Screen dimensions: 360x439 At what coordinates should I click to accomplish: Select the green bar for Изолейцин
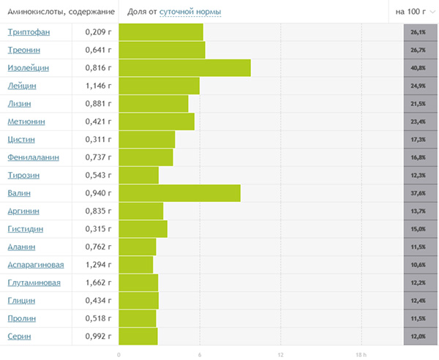pos(184,68)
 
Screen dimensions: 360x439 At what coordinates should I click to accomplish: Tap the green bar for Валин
pos(179,193)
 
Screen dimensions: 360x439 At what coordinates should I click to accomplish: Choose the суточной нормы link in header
pos(190,12)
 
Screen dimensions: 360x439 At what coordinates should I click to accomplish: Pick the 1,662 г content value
pos(98,283)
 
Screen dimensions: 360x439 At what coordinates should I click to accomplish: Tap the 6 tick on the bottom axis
pos(200,354)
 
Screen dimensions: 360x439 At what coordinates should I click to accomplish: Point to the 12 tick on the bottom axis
pos(280,354)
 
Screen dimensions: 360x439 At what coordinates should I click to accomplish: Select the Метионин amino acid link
pos(27,121)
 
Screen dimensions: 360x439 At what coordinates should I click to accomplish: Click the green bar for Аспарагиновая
pos(135,265)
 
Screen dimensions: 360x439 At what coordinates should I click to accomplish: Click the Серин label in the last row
pos(20,337)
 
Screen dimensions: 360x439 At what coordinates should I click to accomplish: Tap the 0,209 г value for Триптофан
pos(98,32)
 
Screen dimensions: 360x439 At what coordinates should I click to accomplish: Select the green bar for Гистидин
pos(143,229)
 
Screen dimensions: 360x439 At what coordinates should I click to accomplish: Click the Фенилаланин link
pos(33,157)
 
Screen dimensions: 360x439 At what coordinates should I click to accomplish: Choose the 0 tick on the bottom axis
pos(119,354)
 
